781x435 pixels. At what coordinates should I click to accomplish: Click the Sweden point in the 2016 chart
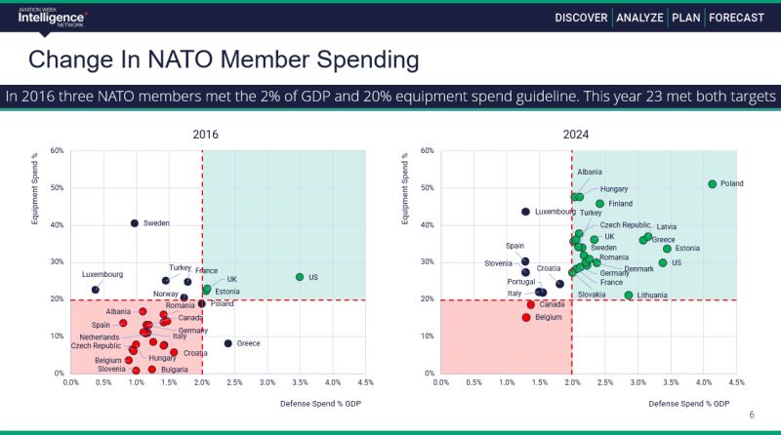tap(134, 223)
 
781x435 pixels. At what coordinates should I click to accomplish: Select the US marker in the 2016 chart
tap(300, 277)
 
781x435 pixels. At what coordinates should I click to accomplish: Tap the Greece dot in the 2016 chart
tap(227, 343)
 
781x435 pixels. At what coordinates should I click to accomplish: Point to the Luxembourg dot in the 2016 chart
tap(95, 290)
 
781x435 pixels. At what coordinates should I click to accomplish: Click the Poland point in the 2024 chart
tap(713, 183)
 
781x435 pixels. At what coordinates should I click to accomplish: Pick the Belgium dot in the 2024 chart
tap(525, 317)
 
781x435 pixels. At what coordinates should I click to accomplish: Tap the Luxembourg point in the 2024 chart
tap(525, 212)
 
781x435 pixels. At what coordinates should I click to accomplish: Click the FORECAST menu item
tap(737, 17)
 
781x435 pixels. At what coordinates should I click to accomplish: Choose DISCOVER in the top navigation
tap(583, 17)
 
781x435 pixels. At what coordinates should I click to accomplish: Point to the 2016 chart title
tap(205, 134)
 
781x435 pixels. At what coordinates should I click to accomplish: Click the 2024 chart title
tap(575, 134)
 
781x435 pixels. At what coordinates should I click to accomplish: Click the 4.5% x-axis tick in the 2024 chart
tap(737, 382)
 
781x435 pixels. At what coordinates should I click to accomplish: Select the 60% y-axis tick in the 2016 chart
tap(57, 151)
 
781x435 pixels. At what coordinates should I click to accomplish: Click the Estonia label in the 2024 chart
tap(687, 249)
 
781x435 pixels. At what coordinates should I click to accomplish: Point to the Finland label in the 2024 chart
tap(620, 204)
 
